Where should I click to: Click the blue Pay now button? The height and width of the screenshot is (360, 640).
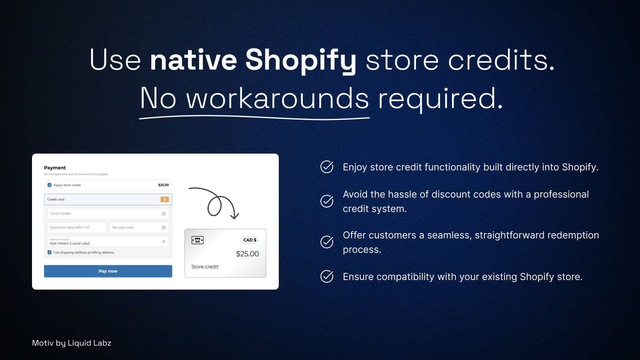click(x=108, y=271)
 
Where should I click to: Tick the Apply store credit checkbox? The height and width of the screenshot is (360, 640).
click(x=50, y=185)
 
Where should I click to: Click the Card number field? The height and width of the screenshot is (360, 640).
click(x=108, y=214)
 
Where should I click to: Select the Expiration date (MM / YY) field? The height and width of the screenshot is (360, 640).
click(x=77, y=228)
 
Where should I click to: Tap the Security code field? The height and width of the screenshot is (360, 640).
click(x=139, y=228)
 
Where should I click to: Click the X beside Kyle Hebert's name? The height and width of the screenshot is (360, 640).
click(x=164, y=242)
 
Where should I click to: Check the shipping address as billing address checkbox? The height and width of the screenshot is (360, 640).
click(x=50, y=252)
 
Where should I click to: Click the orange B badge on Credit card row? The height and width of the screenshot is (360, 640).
click(x=164, y=200)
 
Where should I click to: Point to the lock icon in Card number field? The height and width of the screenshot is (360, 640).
click(x=164, y=214)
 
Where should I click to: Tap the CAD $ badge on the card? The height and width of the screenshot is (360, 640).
click(x=250, y=240)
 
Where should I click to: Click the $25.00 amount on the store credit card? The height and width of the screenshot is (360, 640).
click(x=248, y=254)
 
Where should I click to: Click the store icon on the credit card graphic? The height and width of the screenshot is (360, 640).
click(x=198, y=240)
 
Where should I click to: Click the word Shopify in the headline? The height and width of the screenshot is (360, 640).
click(x=301, y=60)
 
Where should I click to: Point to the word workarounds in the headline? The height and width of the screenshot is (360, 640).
click(x=278, y=98)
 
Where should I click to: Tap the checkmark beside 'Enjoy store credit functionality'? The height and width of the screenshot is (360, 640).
click(x=327, y=167)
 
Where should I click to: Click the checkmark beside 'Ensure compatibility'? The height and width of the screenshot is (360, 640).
click(x=327, y=276)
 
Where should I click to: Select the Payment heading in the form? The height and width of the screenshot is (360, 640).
click(x=55, y=168)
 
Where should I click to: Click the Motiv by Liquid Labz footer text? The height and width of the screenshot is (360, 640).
click(x=72, y=343)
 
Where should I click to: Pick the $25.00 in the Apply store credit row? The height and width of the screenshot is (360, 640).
click(x=164, y=185)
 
